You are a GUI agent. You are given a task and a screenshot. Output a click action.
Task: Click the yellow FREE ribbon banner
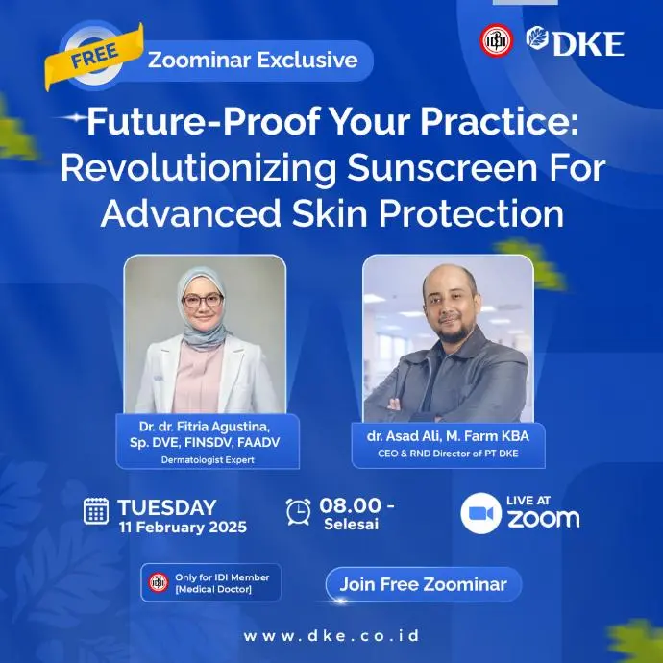[94, 57]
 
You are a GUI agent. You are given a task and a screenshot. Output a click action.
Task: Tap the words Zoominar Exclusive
[253, 60]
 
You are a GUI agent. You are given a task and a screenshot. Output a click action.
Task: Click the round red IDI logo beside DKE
[497, 40]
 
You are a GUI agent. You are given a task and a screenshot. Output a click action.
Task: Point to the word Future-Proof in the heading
[203, 122]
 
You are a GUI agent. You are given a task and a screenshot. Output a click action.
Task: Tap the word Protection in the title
[471, 213]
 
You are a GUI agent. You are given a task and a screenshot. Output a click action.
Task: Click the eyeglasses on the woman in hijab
[202, 301]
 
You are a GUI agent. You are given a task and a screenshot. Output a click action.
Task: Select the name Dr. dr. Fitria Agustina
[204, 427]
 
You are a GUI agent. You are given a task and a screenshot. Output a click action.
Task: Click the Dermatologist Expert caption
[208, 459]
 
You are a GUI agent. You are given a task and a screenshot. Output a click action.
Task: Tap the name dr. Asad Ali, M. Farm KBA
[448, 436]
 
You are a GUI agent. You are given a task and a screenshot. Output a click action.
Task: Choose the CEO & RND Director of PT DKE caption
[448, 454]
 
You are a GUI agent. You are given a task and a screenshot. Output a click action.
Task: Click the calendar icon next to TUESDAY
[95, 511]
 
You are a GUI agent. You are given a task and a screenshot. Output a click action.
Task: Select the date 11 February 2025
[183, 527]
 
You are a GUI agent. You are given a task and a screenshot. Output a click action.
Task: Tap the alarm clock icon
[298, 511]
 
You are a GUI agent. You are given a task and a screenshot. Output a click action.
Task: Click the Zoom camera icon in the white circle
[480, 513]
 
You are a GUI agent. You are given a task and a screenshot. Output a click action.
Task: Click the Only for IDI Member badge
[210, 582]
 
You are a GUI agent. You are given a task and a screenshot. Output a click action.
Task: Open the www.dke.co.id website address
[331, 636]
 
